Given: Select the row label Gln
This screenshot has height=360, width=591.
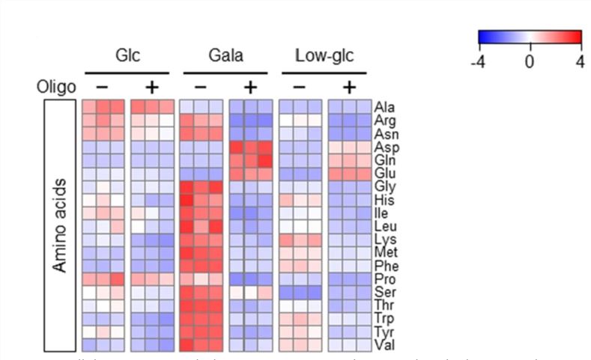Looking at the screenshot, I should pyautogui.click(x=385, y=160).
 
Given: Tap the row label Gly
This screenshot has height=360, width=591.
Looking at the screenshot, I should pyautogui.click(x=385, y=187).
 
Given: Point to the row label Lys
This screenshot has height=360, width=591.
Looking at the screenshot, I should pyautogui.click(x=385, y=240).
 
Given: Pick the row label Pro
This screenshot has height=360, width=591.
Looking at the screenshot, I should pyautogui.click(x=385, y=280).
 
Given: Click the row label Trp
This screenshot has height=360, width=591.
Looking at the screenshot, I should pyautogui.click(x=385, y=320).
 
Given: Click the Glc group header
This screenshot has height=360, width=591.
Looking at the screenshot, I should pyautogui.click(x=128, y=57).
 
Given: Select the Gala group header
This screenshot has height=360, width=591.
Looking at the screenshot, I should pyautogui.click(x=226, y=57).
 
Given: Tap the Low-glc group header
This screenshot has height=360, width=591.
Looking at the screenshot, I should pyautogui.click(x=324, y=57).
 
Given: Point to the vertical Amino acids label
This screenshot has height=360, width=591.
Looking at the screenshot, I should pyautogui.click(x=62, y=225).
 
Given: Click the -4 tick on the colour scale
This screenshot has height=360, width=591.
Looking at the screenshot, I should pyautogui.click(x=477, y=61).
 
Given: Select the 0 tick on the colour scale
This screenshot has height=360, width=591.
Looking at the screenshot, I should pyautogui.click(x=530, y=61).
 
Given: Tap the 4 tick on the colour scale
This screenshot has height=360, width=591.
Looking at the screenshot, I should pyautogui.click(x=580, y=61).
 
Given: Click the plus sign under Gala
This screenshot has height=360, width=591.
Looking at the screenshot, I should pyautogui.click(x=251, y=88).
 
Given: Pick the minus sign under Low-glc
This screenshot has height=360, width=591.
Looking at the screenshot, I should pyautogui.click(x=299, y=88).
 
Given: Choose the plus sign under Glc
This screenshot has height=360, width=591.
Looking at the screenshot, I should pyautogui.click(x=152, y=88).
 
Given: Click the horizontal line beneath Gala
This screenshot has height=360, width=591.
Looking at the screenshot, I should pyautogui.click(x=226, y=73).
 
